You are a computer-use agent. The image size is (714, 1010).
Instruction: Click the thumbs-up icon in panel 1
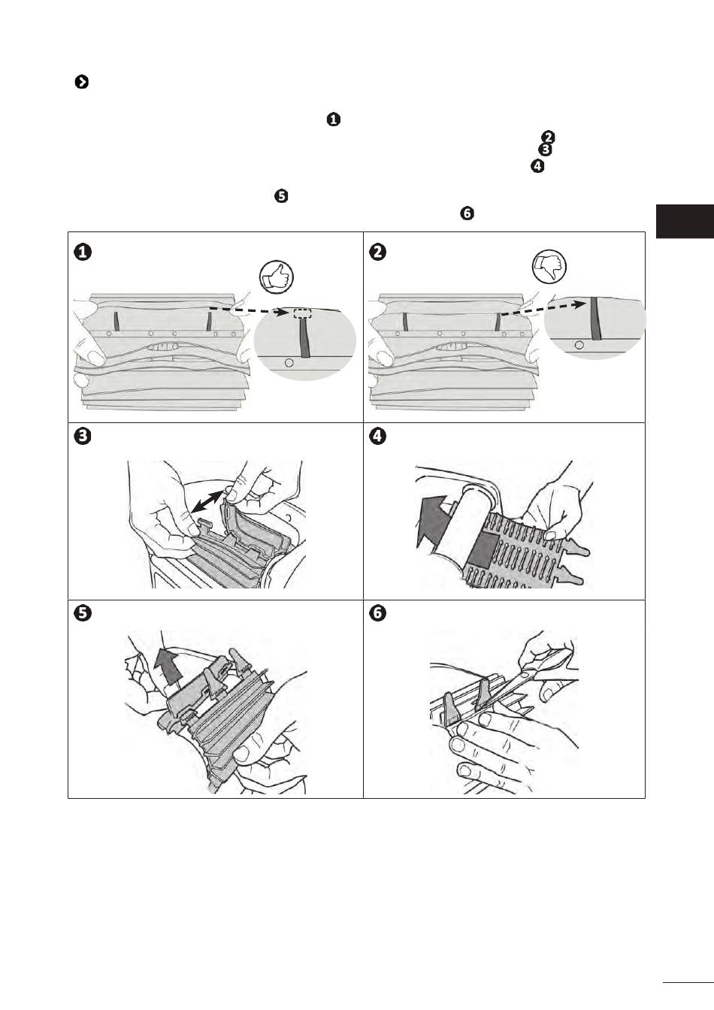click(276, 276)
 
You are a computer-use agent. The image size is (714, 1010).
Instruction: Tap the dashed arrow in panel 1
click(250, 310)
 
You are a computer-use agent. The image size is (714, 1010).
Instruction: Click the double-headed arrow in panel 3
click(207, 501)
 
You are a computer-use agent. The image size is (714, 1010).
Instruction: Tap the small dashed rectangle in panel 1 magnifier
click(301, 313)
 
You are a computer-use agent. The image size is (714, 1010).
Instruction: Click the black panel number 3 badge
click(83, 437)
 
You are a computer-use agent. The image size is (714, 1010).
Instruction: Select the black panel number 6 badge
click(377, 613)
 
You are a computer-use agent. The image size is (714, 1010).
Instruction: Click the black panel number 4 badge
click(377, 437)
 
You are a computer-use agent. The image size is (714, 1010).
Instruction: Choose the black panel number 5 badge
click(83, 613)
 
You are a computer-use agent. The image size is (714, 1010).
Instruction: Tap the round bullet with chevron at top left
click(82, 82)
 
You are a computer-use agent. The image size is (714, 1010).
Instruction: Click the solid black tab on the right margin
click(685, 222)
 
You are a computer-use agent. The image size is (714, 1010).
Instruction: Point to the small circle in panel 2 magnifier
click(579, 346)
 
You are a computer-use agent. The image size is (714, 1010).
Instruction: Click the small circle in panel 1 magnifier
click(290, 362)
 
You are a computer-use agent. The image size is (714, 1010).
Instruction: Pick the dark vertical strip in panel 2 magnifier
click(595, 319)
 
